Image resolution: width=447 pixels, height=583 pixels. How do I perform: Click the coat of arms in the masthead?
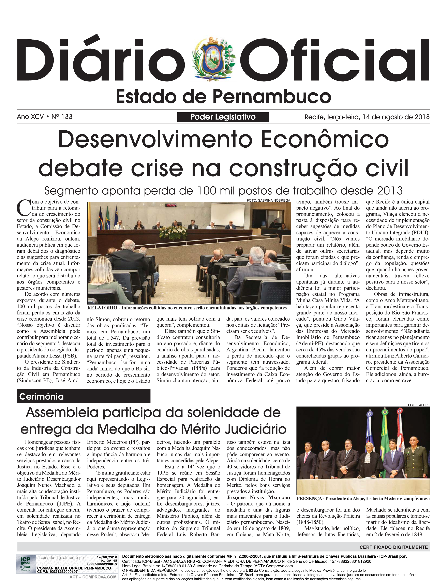(x=214, y=60)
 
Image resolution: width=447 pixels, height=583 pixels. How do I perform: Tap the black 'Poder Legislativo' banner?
(x=223, y=117)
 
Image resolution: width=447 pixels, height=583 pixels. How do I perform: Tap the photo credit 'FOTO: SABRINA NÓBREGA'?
(x=268, y=200)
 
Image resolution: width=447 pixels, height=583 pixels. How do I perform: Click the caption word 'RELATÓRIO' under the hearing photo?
(x=102, y=308)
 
